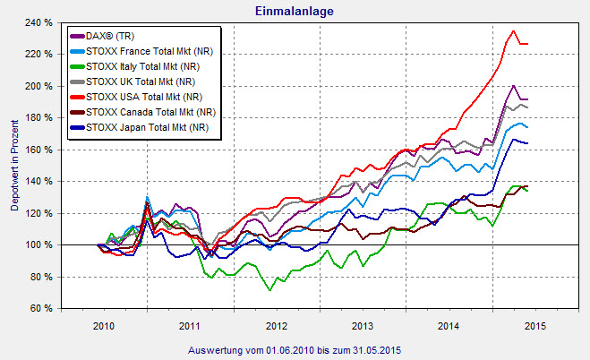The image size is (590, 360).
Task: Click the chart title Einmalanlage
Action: (x=295, y=10)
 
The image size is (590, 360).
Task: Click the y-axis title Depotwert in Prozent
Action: (x=13, y=167)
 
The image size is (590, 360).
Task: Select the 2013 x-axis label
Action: (x=363, y=325)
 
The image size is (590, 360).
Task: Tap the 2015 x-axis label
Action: (x=535, y=325)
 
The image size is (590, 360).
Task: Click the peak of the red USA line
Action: (x=513, y=31)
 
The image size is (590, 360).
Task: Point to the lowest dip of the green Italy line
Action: (x=269, y=290)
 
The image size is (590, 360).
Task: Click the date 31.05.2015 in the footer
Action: (x=372, y=347)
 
